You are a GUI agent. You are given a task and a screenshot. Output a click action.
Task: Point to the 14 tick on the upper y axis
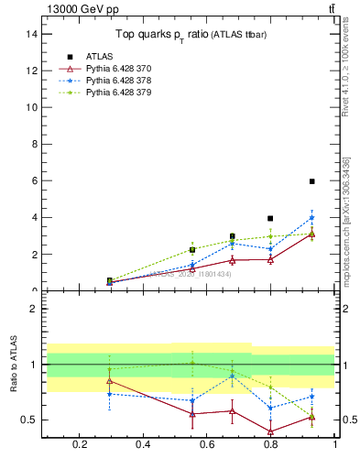click(32, 33)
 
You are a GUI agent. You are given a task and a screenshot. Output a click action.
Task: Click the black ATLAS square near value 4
click(269, 218)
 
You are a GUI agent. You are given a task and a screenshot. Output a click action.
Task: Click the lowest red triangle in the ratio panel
click(269, 431)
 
